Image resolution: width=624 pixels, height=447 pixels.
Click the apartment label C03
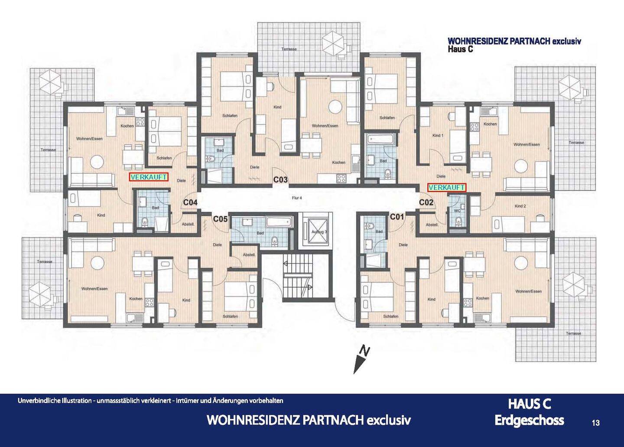280,180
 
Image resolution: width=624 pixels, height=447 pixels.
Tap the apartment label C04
190,202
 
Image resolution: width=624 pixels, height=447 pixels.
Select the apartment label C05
220,219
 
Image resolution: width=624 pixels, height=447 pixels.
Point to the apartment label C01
396,216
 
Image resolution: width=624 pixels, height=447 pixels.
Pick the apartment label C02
426,202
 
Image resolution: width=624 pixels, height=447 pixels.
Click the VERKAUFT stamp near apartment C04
149,177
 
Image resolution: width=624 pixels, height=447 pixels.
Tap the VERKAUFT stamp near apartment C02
446,188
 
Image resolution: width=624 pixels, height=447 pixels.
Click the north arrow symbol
361,359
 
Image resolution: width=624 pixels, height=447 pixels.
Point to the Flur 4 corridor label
297,198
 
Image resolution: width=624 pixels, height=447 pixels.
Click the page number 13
595,423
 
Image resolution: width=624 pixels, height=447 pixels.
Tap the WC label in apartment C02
458,211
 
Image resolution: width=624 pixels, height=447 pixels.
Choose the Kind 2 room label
520,206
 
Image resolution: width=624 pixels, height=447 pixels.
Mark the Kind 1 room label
438,135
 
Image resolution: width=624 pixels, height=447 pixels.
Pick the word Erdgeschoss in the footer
529,421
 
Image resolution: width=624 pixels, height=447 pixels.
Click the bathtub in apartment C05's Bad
279,222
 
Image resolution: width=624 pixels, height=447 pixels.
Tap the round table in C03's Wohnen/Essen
335,107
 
